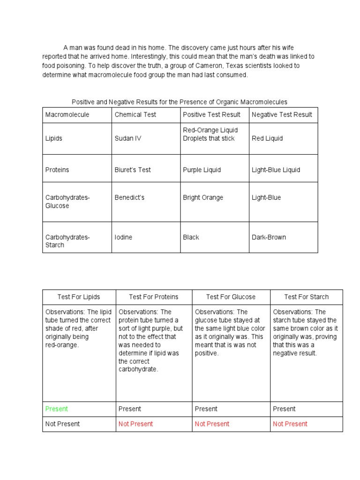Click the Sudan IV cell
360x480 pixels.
coord(128,138)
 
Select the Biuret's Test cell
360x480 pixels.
coord(133,170)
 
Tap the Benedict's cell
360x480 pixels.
coord(129,197)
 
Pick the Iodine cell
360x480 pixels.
coord(123,237)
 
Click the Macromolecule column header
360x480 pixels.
coord(67,114)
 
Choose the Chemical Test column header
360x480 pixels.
coord(135,114)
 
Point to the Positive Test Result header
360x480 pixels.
coord(211,114)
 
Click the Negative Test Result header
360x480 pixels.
coord(282,114)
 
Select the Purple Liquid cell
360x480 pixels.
coord(202,170)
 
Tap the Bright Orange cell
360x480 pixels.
coord(203,197)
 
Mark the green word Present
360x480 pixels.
coord(57,409)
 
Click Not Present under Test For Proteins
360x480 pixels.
coord(135,424)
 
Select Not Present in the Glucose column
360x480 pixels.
coord(212,424)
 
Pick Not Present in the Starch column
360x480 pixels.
coord(290,424)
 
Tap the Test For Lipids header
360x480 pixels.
coord(79,297)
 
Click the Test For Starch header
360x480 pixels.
coord(307,297)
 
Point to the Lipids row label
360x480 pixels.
coord(54,138)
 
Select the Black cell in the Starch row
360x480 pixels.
coord(191,237)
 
